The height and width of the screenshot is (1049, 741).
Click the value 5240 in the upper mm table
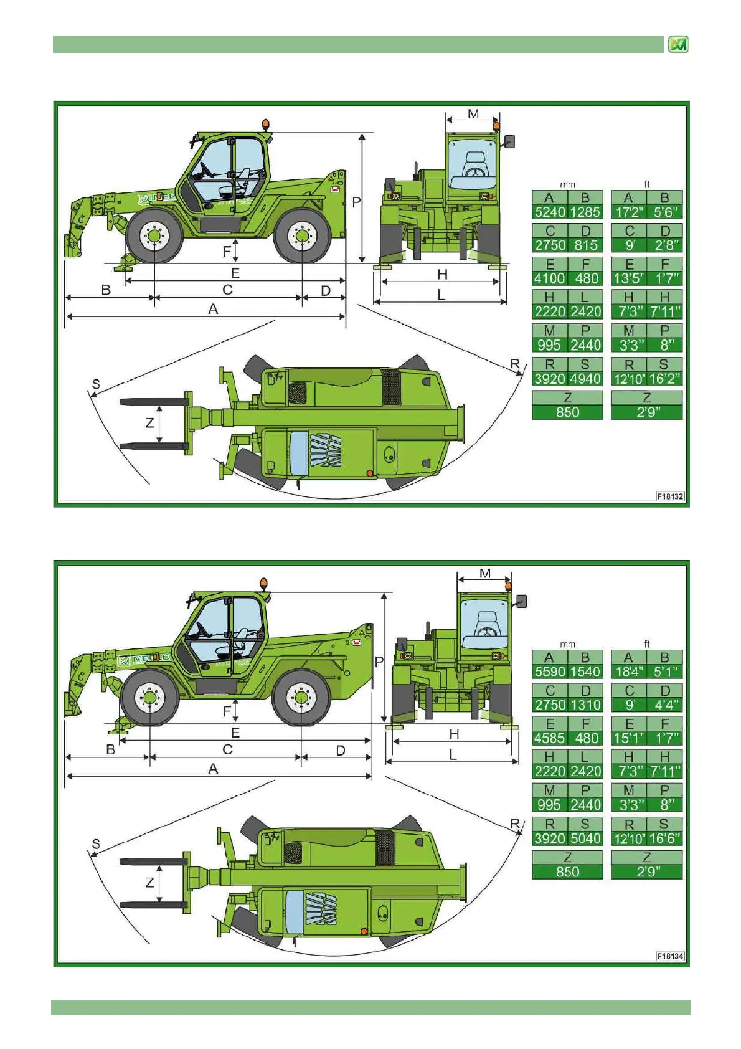pos(550,212)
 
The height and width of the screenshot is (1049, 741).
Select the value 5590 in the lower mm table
pos(550,672)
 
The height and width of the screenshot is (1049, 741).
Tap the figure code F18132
pos(670,496)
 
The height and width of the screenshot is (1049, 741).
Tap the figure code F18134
pos(670,956)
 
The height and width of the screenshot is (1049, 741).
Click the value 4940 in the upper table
pos(585,379)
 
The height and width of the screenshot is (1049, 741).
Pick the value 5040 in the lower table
pos(585,838)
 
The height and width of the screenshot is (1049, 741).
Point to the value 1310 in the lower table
pos(585,705)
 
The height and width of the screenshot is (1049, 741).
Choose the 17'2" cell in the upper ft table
pos(629,212)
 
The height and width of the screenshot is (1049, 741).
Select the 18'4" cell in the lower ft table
pos(629,672)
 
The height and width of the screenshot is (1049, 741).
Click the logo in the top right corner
pos(677,44)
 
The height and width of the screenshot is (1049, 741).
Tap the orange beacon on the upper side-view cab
pos(266,125)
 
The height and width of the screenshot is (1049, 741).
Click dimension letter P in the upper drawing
pos(356,202)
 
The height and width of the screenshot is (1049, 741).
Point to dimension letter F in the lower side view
pos(227,711)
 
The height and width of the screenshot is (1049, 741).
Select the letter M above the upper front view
pos(473,114)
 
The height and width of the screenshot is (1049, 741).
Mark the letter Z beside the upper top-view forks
pos(149,423)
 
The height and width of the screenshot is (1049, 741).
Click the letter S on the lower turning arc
pos(96,844)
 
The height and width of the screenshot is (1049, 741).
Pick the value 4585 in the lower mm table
pos(550,738)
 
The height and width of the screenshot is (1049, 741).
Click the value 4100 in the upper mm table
pos(550,278)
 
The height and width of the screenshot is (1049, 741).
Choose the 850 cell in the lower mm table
pos(567,872)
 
